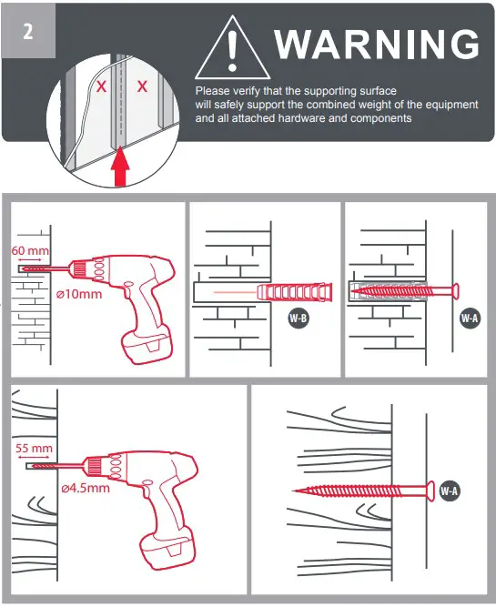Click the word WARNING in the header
point(376,44)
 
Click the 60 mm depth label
point(31,250)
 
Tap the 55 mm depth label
point(35,448)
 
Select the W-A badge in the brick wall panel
point(470,319)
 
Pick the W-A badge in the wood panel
point(449,491)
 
